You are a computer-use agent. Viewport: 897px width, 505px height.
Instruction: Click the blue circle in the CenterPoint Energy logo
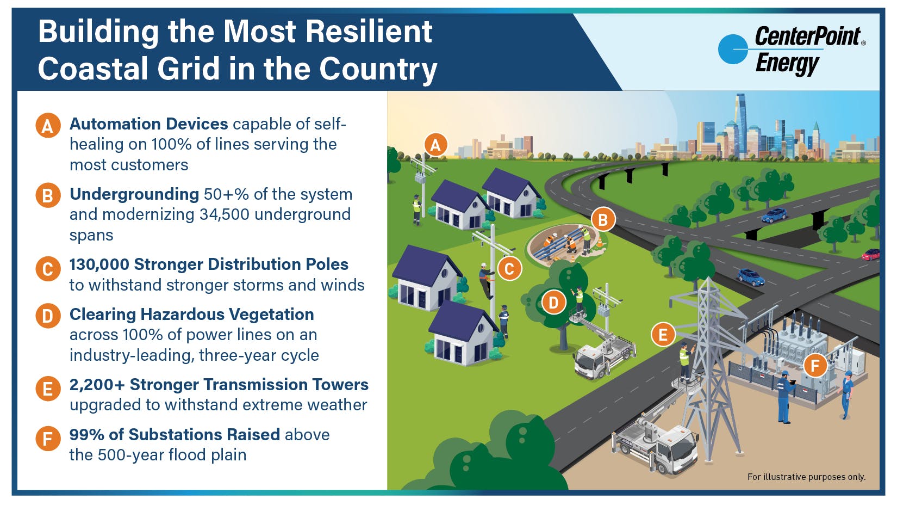[732, 49]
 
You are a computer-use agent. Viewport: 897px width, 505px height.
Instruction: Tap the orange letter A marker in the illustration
[435, 145]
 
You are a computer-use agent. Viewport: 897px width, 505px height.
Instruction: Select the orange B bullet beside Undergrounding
[48, 195]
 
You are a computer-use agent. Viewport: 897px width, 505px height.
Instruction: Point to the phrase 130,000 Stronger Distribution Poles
[209, 264]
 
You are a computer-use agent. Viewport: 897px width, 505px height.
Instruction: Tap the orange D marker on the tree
[553, 303]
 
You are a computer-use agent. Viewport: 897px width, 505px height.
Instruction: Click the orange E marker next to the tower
[663, 335]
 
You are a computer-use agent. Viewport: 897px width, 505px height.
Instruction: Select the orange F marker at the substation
[814, 366]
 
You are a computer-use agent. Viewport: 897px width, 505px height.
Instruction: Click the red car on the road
[870, 254]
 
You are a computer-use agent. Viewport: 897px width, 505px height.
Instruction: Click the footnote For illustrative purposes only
[806, 477]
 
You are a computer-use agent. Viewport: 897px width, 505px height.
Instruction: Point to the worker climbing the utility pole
[486, 280]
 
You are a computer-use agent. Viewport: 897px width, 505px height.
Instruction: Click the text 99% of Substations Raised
[175, 435]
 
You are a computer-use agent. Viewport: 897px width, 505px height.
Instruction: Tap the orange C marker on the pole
[509, 269]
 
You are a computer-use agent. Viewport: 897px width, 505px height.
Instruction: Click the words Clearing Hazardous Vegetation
[191, 315]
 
